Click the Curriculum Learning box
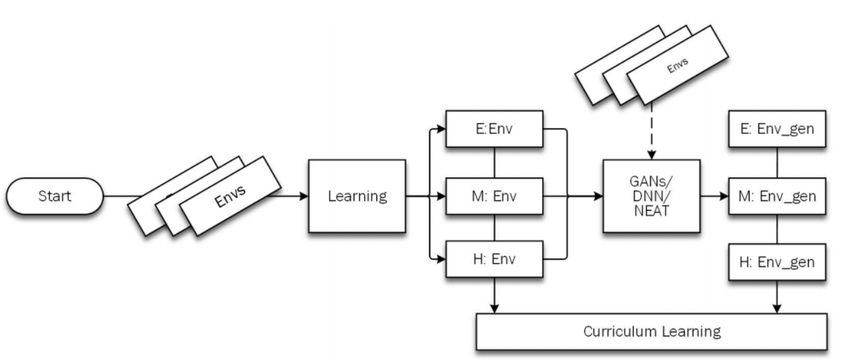(x=651, y=332)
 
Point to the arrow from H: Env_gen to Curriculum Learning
(x=777, y=296)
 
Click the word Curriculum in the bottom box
(x=614, y=332)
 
